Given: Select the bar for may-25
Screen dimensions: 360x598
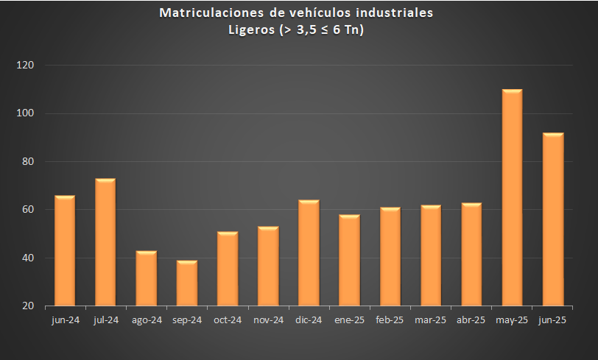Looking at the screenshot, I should [x=512, y=197].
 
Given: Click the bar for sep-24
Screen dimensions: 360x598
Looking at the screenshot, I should [x=187, y=283].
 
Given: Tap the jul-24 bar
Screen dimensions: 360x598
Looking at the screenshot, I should [x=105, y=241].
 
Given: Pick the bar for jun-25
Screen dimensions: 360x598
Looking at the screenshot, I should [x=552, y=219].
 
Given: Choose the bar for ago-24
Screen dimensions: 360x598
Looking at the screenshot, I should [x=146, y=278].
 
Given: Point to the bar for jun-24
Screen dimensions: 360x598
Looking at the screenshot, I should [x=65, y=250].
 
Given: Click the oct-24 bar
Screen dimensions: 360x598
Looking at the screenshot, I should [x=228, y=269].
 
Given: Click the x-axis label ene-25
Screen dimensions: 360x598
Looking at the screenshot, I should [x=349, y=320].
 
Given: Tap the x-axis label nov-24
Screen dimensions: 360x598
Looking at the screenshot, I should [x=268, y=320].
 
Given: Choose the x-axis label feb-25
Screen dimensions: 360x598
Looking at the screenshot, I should [x=390, y=320].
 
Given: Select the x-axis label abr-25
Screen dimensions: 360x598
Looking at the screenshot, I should [x=471, y=320].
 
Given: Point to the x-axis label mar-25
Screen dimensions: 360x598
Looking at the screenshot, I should [x=431, y=320].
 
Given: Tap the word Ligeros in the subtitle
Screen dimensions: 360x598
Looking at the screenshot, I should [x=252, y=29].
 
